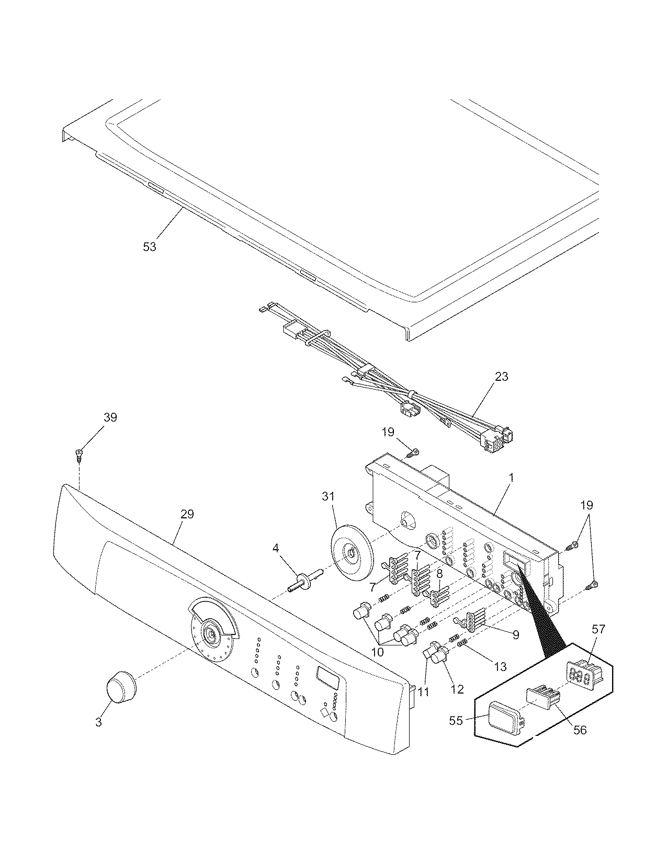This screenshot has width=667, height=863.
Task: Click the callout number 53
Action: point(150,246)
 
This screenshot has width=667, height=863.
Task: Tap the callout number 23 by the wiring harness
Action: point(501,377)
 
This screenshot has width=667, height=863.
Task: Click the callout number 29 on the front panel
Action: point(187,514)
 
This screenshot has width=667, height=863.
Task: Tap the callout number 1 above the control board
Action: point(511,477)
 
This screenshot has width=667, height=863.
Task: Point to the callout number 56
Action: point(580,730)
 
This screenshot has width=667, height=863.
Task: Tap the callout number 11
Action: point(424,691)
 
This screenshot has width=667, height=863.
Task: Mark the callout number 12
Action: point(457,689)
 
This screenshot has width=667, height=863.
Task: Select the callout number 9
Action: point(515,634)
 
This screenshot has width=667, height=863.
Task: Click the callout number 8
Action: point(439,573)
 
